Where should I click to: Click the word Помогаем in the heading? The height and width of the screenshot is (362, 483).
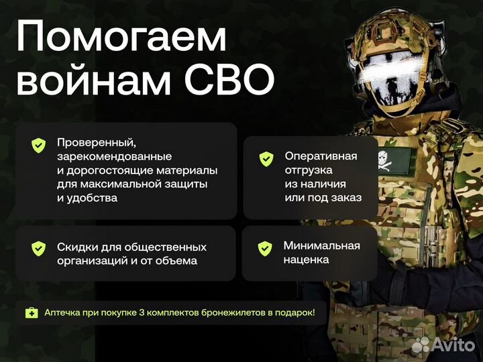tap(121, 38)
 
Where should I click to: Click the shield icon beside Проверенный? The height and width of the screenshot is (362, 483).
tap(38, 145)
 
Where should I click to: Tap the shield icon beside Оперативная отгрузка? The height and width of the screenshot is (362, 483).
tap(266, 159)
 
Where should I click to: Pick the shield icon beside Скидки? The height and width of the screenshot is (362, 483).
tap(38, 248)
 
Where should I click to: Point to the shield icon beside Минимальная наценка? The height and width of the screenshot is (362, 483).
tap(264, 248)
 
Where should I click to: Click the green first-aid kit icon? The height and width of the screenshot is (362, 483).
tap(32, 312)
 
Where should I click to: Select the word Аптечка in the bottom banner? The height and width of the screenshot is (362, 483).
tap(64, 312)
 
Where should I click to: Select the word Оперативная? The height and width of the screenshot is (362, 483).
tap(321, 156)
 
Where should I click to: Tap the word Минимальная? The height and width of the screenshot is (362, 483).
tap(321, 245)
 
